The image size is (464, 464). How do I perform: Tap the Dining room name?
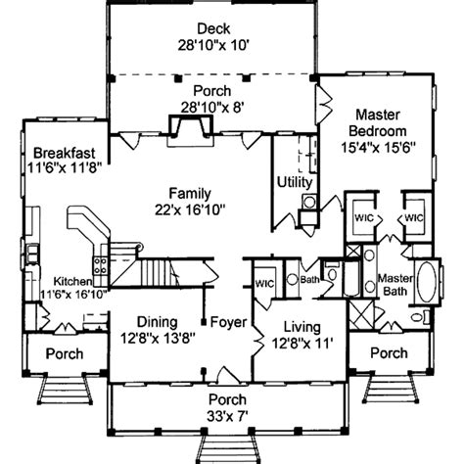point(150,319)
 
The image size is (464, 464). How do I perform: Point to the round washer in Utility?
point(309,204)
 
